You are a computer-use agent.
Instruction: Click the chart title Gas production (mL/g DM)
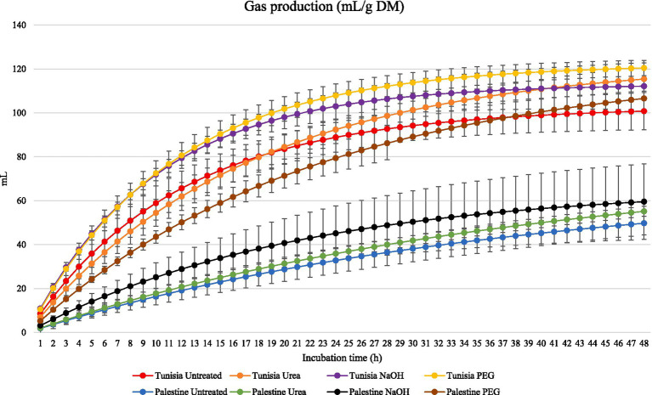pos(324,7)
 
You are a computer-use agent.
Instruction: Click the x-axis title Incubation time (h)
pos(342,358)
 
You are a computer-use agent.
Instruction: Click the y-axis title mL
pos(6,179)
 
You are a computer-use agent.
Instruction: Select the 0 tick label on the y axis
pos(24,333)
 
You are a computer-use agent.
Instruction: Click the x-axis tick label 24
pos(336,343)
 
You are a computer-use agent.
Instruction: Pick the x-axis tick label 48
pos(644,343)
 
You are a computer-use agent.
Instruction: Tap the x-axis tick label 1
pos(40,343)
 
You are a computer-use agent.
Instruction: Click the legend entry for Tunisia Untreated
pos(177,376)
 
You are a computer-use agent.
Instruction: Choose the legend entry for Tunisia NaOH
pos(365,376)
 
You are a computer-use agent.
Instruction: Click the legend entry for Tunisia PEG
pos(459,376)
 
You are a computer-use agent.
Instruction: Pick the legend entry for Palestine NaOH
pos(368,392)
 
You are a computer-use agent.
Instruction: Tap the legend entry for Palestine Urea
pos(268,392)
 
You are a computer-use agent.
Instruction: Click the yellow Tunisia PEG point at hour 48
pos(644,68)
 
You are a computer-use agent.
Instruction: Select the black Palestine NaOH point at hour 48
pos(644,202)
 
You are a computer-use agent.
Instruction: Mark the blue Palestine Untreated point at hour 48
pos(644,223)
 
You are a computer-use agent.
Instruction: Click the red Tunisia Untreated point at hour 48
pos(644,111)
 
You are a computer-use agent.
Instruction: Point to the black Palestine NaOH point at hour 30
pos(413,222)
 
